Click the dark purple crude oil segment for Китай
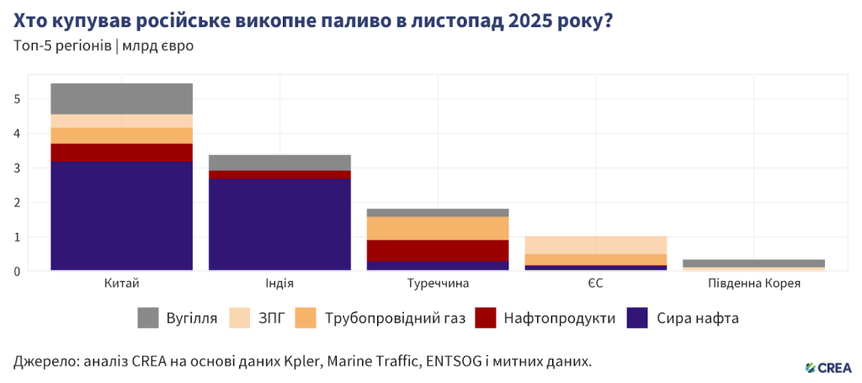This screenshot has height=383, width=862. (x=121, y=215)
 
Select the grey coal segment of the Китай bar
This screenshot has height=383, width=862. (x=121, y=98)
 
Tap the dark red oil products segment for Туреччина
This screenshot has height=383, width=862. (x=438, y=251)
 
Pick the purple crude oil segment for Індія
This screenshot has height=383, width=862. (x=279, y=224)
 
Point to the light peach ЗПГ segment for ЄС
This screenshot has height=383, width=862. (x=596, y=245)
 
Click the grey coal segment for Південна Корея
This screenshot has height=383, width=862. (x=753, y=263)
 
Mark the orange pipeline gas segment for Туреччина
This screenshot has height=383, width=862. (x=438, y=228)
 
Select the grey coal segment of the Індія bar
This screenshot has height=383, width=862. (x=279, y=162)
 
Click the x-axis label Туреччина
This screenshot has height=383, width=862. (x=438, y=284)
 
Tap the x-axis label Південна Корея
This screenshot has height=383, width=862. (x=753, y=284)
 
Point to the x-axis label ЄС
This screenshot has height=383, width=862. (x=596, y=284)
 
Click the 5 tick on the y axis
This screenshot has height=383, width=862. (x=16, y=98)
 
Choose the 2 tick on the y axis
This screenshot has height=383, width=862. (x=16, y=202)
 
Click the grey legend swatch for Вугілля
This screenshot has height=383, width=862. (x=148, y=318)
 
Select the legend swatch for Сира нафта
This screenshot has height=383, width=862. (x=637, y=318)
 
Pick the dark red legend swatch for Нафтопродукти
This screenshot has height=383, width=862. (x=486, y=318)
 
